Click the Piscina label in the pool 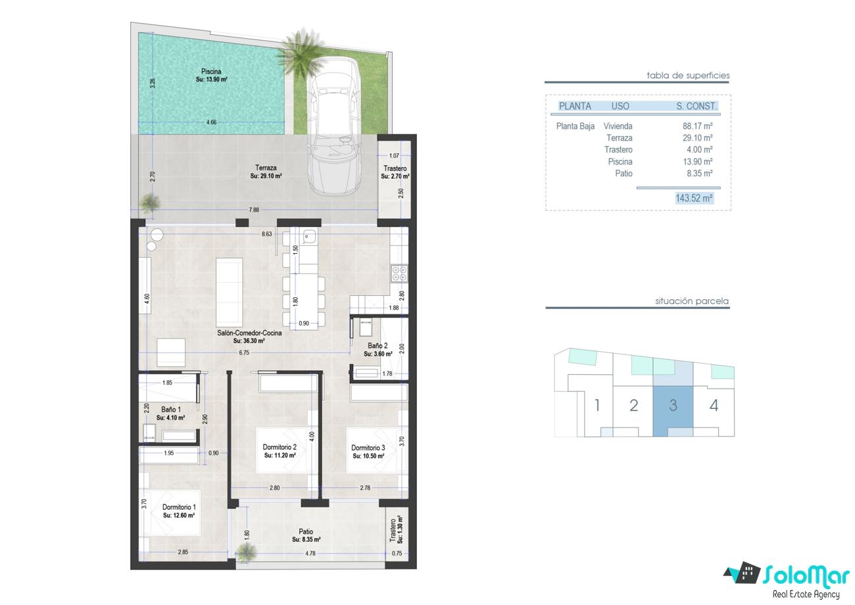point(211,72)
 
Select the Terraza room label point(266,168)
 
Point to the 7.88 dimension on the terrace point(254,210)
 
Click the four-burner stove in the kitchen point(399,274)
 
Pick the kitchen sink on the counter point(308,236)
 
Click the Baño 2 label point(378,345)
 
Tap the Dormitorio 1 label point(179,507)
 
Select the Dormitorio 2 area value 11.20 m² point(280,455)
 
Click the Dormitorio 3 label point(368,448)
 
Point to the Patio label point(306,531)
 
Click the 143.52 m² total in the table point(694,198)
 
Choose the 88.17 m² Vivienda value point(697,126)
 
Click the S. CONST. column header point(696,106)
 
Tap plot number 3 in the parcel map point(673,405)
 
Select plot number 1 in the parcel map point(597,405)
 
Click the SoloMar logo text point(806,575)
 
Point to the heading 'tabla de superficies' point(688,75)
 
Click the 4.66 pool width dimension point(211,122)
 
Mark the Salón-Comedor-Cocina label point(249,333)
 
